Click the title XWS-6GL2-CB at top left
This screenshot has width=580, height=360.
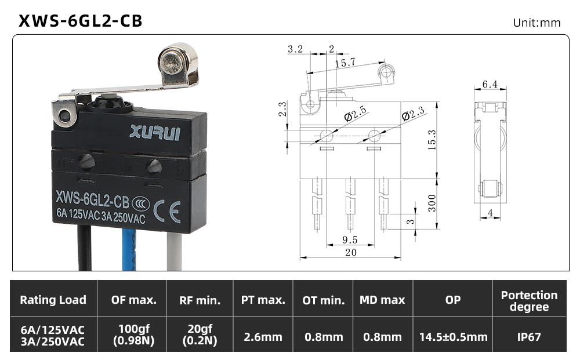[x=80, y=21]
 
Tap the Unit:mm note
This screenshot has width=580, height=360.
[x=536, y=23]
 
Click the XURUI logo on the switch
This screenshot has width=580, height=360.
[x=155, y=132]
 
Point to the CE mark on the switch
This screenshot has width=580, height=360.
[x=167, y=212]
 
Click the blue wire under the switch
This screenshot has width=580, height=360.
[x=129, y=249]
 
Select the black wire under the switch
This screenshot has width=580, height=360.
[x=84, y=248]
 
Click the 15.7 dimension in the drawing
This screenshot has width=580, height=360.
[x=346, y=63]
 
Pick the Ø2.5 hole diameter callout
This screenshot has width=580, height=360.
[x=355, y=114]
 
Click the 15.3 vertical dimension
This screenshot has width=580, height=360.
[x=432, y=140]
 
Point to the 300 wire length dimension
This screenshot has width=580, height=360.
[x=432, y=203]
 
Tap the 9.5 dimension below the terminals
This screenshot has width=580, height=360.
[x=350, y=240]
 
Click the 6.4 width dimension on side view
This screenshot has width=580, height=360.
[x=490, y=84]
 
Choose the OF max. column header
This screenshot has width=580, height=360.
[x=133, y=300]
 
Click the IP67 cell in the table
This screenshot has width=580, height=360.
[x=529, y=337]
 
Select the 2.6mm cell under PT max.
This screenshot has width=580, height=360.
[x=263, y=337]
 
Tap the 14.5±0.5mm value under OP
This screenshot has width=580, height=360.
[x=453, y=337]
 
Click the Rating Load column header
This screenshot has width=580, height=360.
[x=53, y=300]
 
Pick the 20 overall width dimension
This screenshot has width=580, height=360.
[x=350, y=252]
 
